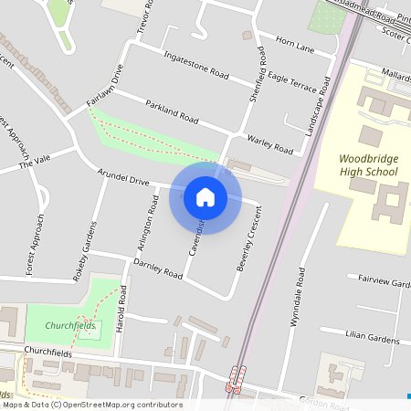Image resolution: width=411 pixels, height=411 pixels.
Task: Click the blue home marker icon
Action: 205,196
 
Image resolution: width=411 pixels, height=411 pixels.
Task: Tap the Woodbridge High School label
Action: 368,164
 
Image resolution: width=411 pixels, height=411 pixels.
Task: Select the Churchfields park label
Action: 72,326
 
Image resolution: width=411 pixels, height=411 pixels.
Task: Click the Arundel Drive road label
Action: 123,176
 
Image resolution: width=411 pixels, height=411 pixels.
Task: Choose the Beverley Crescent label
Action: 245,241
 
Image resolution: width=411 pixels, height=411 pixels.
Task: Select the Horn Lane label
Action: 294,43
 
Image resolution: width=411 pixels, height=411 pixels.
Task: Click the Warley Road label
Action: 270,143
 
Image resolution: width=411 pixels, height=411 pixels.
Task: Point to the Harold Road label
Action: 122,311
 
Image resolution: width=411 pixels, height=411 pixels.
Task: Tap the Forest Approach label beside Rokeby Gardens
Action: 36,245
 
